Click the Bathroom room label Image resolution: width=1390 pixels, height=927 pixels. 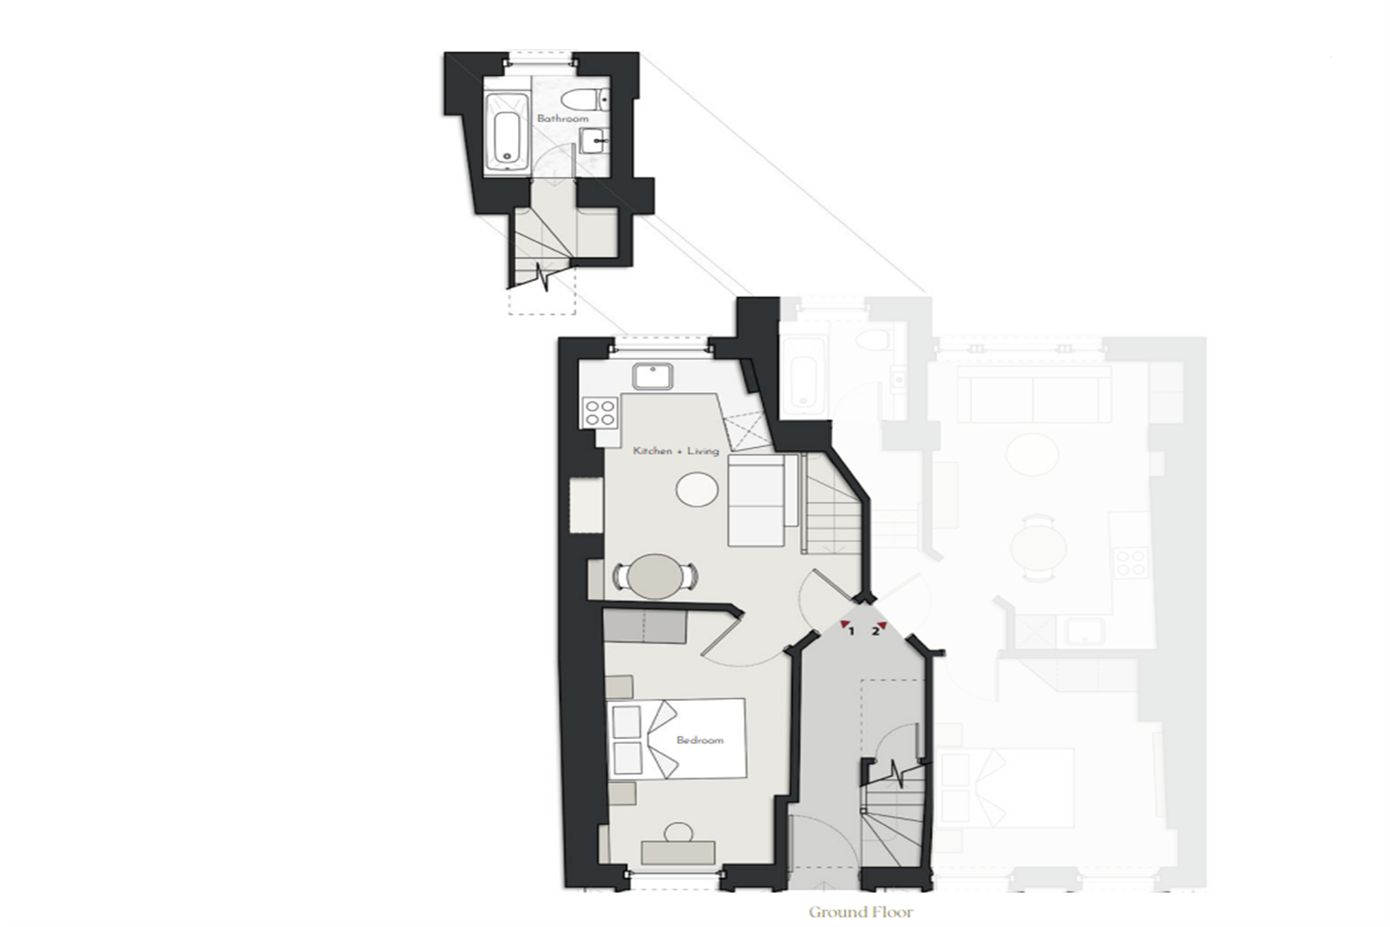pos(562,118)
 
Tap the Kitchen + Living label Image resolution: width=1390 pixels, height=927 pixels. pos(676,451)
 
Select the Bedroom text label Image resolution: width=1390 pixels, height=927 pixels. pos(700,740)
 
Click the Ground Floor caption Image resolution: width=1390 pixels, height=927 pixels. pos(861,912)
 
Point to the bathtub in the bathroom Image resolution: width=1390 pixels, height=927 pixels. pos(507,133)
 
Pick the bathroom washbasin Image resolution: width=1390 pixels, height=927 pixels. pos(595,140)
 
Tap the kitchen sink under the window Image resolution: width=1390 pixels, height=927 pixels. pos(652,377)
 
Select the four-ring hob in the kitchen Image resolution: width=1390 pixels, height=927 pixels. pos(600,413)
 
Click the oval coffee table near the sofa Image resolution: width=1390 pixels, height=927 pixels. pos(697,489)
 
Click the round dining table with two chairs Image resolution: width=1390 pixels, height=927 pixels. pos(654,577)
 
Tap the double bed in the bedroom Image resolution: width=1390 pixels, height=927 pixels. pos(677,739)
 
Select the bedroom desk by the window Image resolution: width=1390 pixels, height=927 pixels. pos(678,853)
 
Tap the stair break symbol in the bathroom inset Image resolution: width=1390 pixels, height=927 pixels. pos(544,278)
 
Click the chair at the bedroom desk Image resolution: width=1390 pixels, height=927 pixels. pos(678,832)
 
